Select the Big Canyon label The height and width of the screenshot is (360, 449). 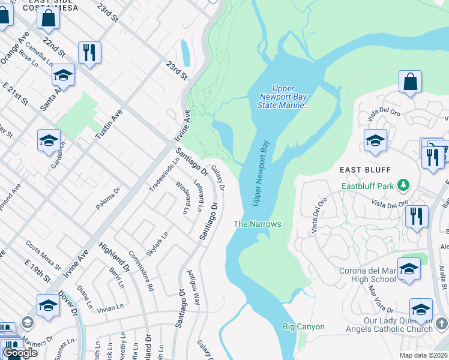(304, 327)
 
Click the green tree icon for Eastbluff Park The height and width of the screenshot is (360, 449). (405, 185)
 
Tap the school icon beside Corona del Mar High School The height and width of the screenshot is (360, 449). (409, 269)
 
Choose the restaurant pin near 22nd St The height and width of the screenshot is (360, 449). (89, 52)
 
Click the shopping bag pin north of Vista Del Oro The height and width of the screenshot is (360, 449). (410, 82)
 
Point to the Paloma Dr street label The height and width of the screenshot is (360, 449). (108, 198)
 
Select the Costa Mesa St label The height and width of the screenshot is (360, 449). (43, 255)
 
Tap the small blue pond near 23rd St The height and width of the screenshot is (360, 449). (185, 53)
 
